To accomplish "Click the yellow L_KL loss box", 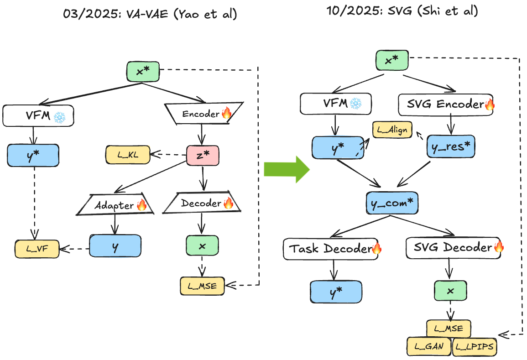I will point(128,155).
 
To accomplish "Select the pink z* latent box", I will point(203,154).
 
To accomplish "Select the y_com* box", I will point(392,203).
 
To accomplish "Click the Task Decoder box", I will point(331,249).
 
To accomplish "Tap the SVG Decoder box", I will point(454,248).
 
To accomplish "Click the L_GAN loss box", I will point(428,347).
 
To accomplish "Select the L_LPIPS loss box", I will point(475,347).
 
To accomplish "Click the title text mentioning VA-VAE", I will point(150,14).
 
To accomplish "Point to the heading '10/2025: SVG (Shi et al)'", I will point(402,11).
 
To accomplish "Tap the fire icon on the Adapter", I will point(141,205).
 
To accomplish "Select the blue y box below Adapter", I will point(115,246).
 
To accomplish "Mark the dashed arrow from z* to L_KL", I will point(168,154).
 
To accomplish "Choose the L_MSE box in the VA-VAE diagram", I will point(202,286).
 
